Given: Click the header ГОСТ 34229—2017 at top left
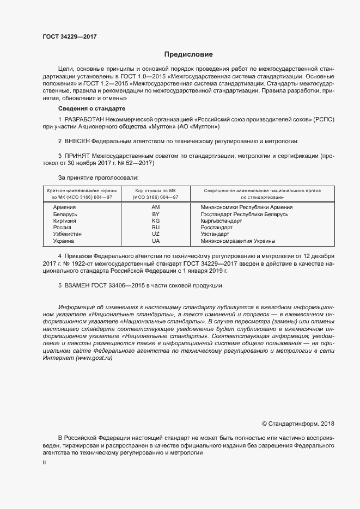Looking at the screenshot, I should (70, 37).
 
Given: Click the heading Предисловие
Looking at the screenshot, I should (188, 54).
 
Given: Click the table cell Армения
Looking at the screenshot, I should (64, 207).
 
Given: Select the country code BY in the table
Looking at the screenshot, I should (156, 215).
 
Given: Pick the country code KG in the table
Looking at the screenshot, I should (156, 222).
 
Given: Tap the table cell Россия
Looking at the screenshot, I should (63, 228).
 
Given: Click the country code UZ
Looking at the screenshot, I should (156, 234).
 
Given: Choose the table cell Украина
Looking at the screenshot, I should (64, 241).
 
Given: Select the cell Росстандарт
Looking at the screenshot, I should (217, 228).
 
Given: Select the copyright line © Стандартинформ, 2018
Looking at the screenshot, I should (298, 424).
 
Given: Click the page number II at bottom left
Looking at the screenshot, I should (44, 462).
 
